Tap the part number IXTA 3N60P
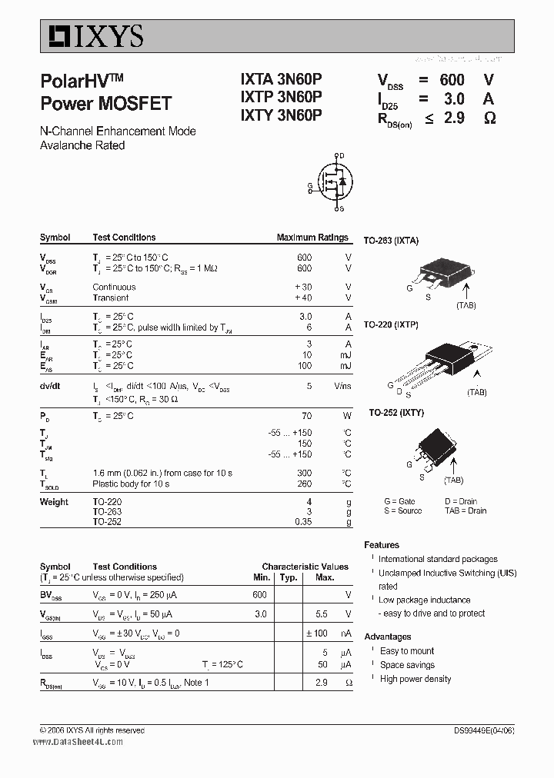(x=281, y=79)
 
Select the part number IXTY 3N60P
(x=281, y=115)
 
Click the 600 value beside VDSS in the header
(x=452, y=80)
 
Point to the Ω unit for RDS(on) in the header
(x=489, y=118)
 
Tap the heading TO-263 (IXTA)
(x=391, y=241)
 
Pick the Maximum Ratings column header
(x=312, y=238)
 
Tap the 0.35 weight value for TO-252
(x=303, y=521)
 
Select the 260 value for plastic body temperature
(x=305, y=484)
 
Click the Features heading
(x=382, y=544)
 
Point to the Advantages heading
(x=388, y=637)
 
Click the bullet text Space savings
(x=407, y=665)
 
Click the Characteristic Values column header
(x=305, y=567)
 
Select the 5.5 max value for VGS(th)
(x=322, y=614)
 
